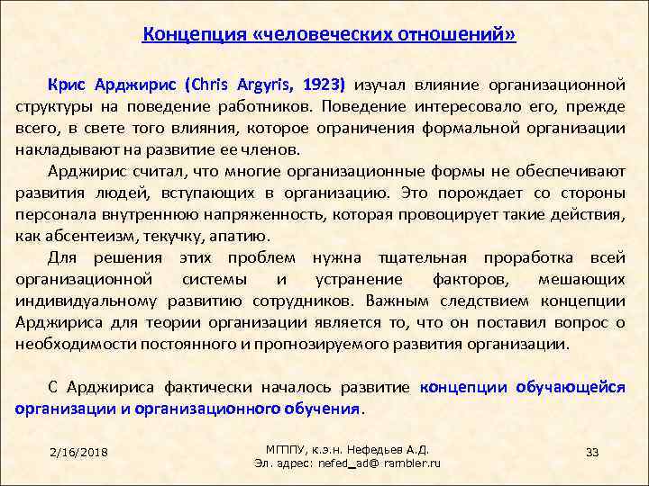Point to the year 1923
323,85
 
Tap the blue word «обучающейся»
571,387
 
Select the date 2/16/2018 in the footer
79,451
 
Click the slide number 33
592,451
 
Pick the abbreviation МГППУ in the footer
288,448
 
